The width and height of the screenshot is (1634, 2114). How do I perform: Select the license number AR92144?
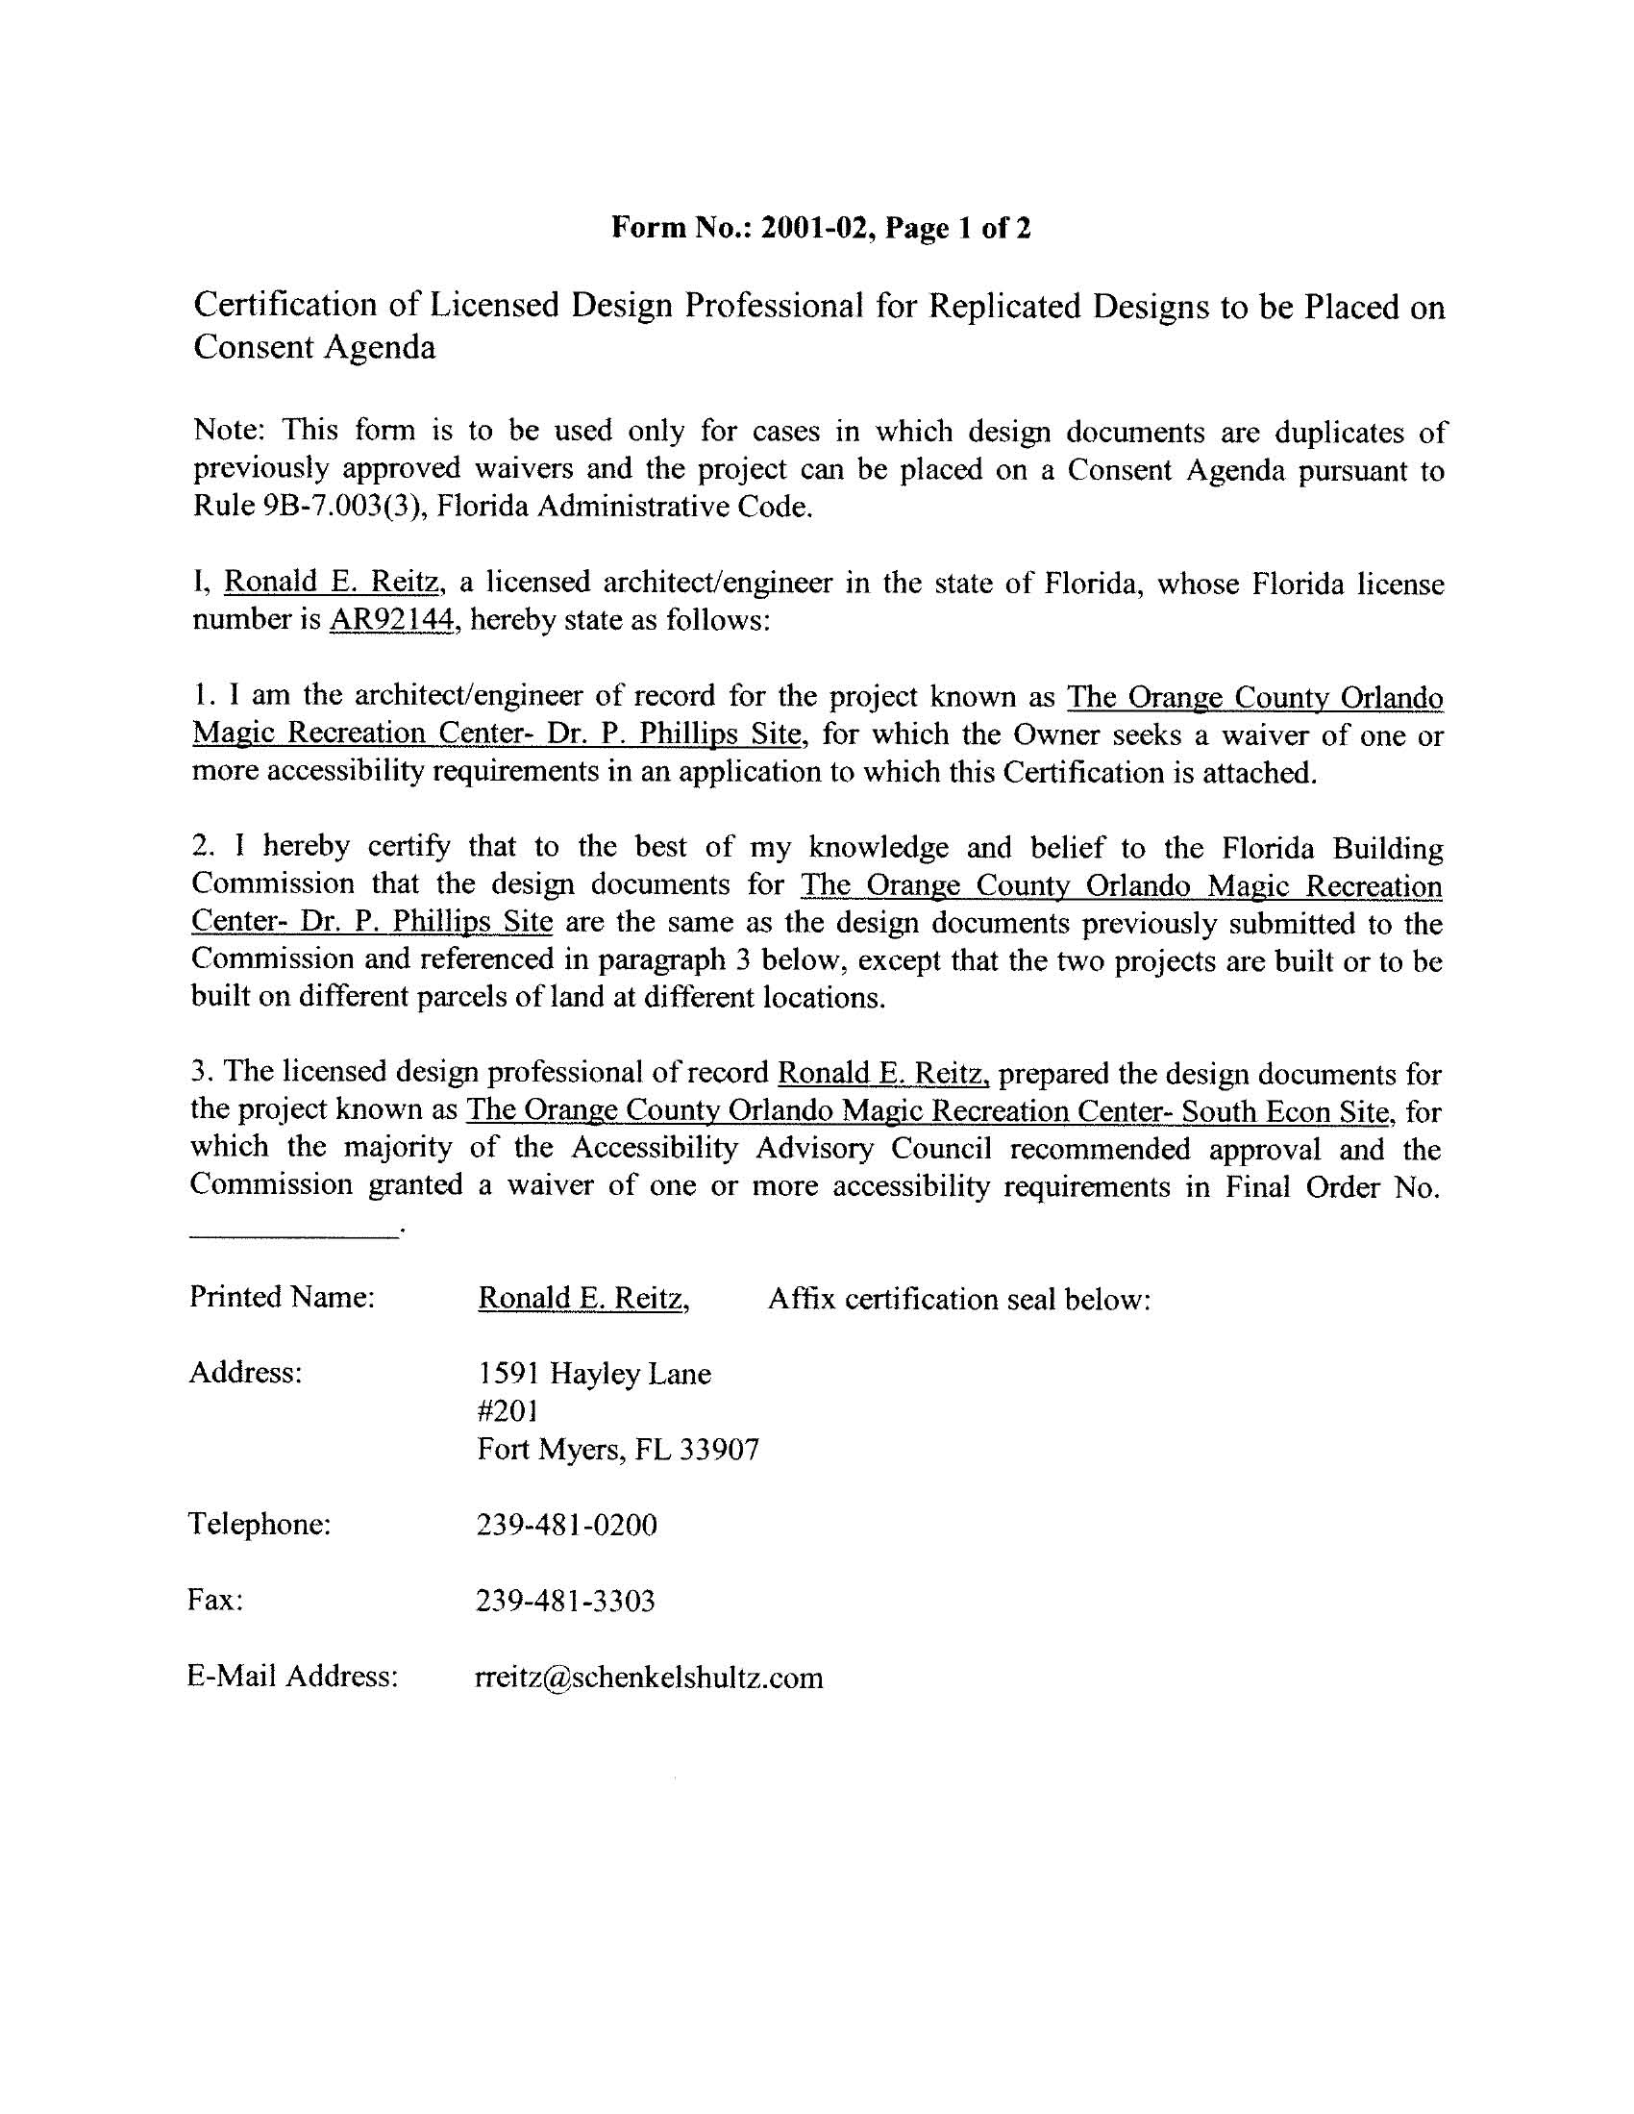[x=392, y=620]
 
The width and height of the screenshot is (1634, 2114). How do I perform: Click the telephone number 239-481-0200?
[x=566, y=1526]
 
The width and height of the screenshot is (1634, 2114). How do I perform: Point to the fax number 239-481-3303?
[x=565, y=1601]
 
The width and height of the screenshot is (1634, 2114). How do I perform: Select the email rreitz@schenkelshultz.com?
[x=649, y=1678]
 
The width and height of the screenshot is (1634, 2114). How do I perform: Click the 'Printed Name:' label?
[x=282, y=1297]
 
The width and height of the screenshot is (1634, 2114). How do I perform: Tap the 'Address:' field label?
[x=245, y=1373]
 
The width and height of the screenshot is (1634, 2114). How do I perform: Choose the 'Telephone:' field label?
[x=260, y=1525]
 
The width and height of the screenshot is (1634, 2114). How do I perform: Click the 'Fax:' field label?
[x=215, y=1600]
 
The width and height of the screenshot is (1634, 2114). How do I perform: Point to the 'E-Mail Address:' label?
[x=292, y=1677]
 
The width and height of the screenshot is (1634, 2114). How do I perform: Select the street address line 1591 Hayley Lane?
[x=594, y=1374]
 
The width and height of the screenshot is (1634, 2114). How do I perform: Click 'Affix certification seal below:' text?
[x=958, y=1299]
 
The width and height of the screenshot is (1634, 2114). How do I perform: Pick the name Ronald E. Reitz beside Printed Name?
[x=582, y=1298]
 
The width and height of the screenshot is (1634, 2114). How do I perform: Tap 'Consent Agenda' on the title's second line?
[x=314, y=346]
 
